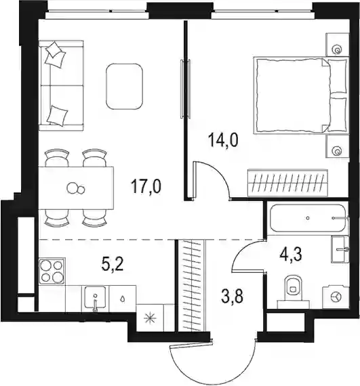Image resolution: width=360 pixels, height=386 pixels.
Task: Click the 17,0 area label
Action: coord(146,186)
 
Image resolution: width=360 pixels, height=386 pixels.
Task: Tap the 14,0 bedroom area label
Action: coord(223,140)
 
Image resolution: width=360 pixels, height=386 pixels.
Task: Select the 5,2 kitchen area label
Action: coord(112,264)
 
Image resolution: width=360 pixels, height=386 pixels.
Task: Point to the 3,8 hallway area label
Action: coord(232,297)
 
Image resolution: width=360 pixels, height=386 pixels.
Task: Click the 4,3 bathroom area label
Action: coord(291,255)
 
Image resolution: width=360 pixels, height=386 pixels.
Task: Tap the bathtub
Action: coord(308,218)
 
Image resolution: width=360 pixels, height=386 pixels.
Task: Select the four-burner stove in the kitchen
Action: coord(52,272)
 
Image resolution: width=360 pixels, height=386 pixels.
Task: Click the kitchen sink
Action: coord(95,297)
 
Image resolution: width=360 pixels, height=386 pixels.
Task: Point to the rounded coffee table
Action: coord(125,87)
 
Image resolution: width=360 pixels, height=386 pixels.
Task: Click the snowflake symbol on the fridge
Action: coord(150,318)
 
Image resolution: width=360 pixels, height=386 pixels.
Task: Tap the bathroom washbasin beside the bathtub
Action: coord(340,249)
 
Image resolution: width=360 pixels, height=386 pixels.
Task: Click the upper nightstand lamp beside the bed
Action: coord(338,49)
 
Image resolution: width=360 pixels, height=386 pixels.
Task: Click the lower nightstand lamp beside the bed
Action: coord(336,150)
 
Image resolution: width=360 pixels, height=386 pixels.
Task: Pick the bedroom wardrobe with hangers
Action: coord(288,183)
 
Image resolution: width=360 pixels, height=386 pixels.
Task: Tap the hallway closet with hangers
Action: coord(193,286)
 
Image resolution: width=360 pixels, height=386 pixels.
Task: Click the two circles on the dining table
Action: coord(76,188)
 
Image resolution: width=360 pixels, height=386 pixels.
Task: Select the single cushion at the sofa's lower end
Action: coord(57,115)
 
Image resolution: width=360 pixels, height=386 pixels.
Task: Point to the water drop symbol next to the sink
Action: coord(123,299)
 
